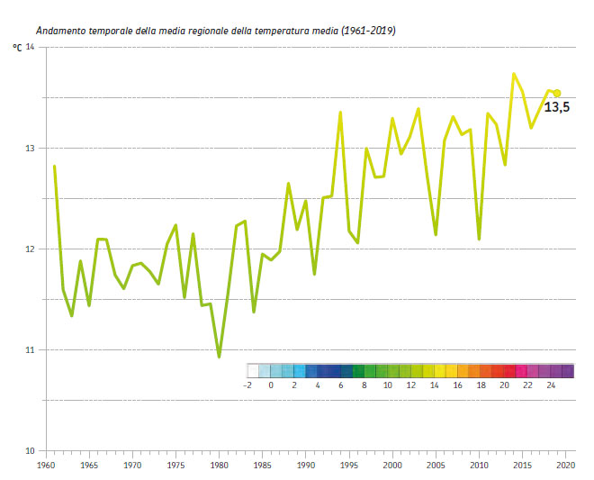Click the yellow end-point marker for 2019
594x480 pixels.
(557, 93)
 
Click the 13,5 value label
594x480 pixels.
(556, 107)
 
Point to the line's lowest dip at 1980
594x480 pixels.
(219, 357)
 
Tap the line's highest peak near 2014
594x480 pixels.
(514, 74)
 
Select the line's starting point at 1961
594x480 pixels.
(55, 166)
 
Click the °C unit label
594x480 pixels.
(16, 47)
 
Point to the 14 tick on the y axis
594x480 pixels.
(30, 47)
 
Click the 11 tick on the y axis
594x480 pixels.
(29, 349)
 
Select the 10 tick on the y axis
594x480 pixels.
(29, 450)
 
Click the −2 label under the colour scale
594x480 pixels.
(247, 385)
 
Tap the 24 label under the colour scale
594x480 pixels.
(551, 385)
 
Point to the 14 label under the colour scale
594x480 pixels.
(434, 385)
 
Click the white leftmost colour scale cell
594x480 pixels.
(253, 370)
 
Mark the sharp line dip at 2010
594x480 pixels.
(479, 239)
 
